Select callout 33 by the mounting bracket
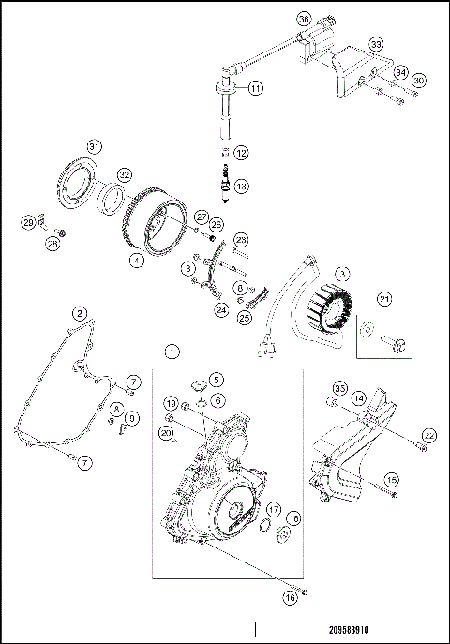[x=376, y=44]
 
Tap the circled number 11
[x=256, y=88]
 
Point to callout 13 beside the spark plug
[x=242, y=187]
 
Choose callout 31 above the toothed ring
[x=93, y=145]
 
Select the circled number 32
[x=125, y=174]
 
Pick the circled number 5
[x=217, y=380]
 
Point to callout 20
[x=166, y=432]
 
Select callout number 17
[x=275, y=509]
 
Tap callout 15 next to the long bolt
[x=392, y=479]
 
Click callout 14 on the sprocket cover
[x=358, y=397]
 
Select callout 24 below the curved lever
[x=221, y=307]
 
